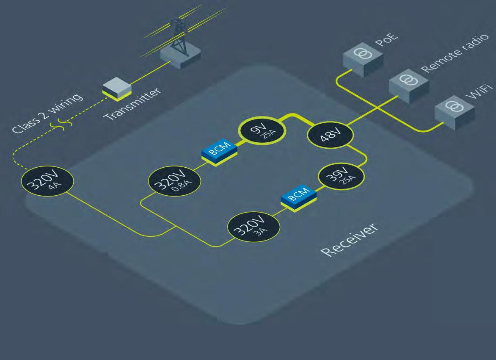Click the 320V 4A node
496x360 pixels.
tap(47, 182)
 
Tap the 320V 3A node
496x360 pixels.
tap(254, 227)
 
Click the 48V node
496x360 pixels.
tap(331, 135)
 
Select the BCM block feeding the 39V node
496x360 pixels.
tap(298, 197)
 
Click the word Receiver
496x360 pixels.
tap(348, 239)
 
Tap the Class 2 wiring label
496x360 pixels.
tap(47, 114)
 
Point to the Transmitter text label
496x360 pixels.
tap(133, 104)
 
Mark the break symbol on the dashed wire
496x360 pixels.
tap(61, 124)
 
